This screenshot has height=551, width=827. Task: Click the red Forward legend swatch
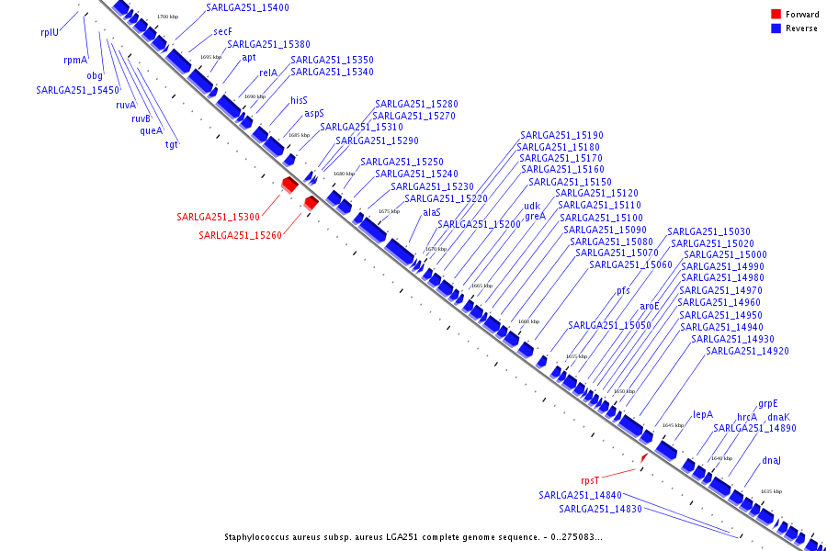[776, 15]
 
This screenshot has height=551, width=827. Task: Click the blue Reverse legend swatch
[776, 28]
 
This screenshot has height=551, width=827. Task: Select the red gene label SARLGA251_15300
[219, 217]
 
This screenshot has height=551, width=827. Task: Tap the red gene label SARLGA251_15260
[240, 235]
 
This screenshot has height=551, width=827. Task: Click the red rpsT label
[589, 480]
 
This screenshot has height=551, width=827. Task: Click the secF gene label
[222, 31]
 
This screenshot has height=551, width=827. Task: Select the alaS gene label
[432, 212]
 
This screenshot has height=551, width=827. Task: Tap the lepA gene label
[703, 414]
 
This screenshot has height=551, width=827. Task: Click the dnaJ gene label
[772, 460]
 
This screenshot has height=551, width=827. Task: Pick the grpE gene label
[768, 403]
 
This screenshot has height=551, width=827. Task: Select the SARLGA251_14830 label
[600, 509]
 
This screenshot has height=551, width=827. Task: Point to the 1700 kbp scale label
[167, 17]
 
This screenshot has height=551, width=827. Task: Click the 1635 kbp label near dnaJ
[771, 491]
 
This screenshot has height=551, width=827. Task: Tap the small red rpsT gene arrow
[645, 457]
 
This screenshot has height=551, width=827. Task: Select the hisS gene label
[300, 100]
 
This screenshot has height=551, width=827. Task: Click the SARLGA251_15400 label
[247, 7]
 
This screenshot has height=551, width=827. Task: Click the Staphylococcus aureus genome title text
[413, 537]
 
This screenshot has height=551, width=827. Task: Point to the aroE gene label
[651, 306]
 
